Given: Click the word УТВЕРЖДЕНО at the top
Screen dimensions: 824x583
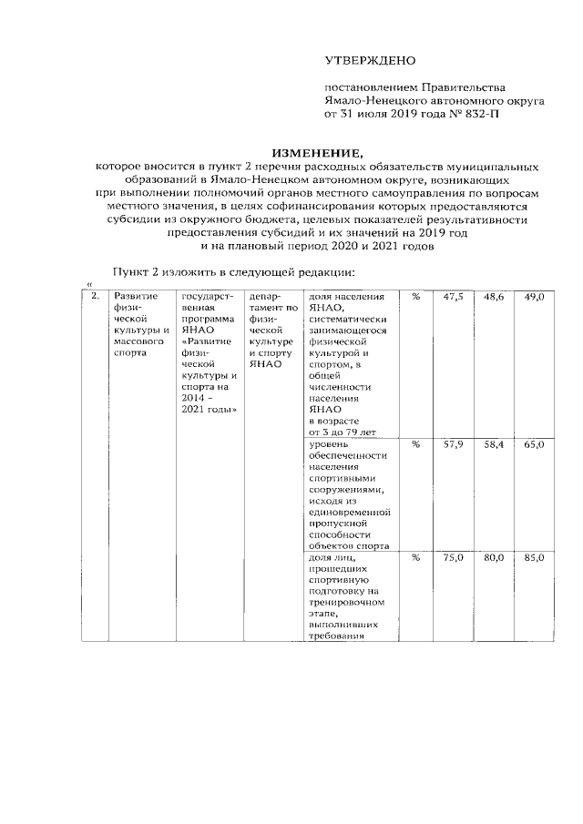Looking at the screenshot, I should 370,61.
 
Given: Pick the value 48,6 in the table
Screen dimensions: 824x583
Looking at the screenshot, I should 493,297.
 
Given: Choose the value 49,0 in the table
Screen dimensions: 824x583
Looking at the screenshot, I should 533,297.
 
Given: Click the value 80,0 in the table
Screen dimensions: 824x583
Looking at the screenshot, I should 493,557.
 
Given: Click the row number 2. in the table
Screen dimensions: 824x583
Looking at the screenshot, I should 95,297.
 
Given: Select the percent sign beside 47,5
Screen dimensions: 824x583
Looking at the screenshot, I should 414,297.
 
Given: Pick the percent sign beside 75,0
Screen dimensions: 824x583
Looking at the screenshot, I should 414,557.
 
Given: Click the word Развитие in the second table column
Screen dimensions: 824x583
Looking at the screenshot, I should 131,297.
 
